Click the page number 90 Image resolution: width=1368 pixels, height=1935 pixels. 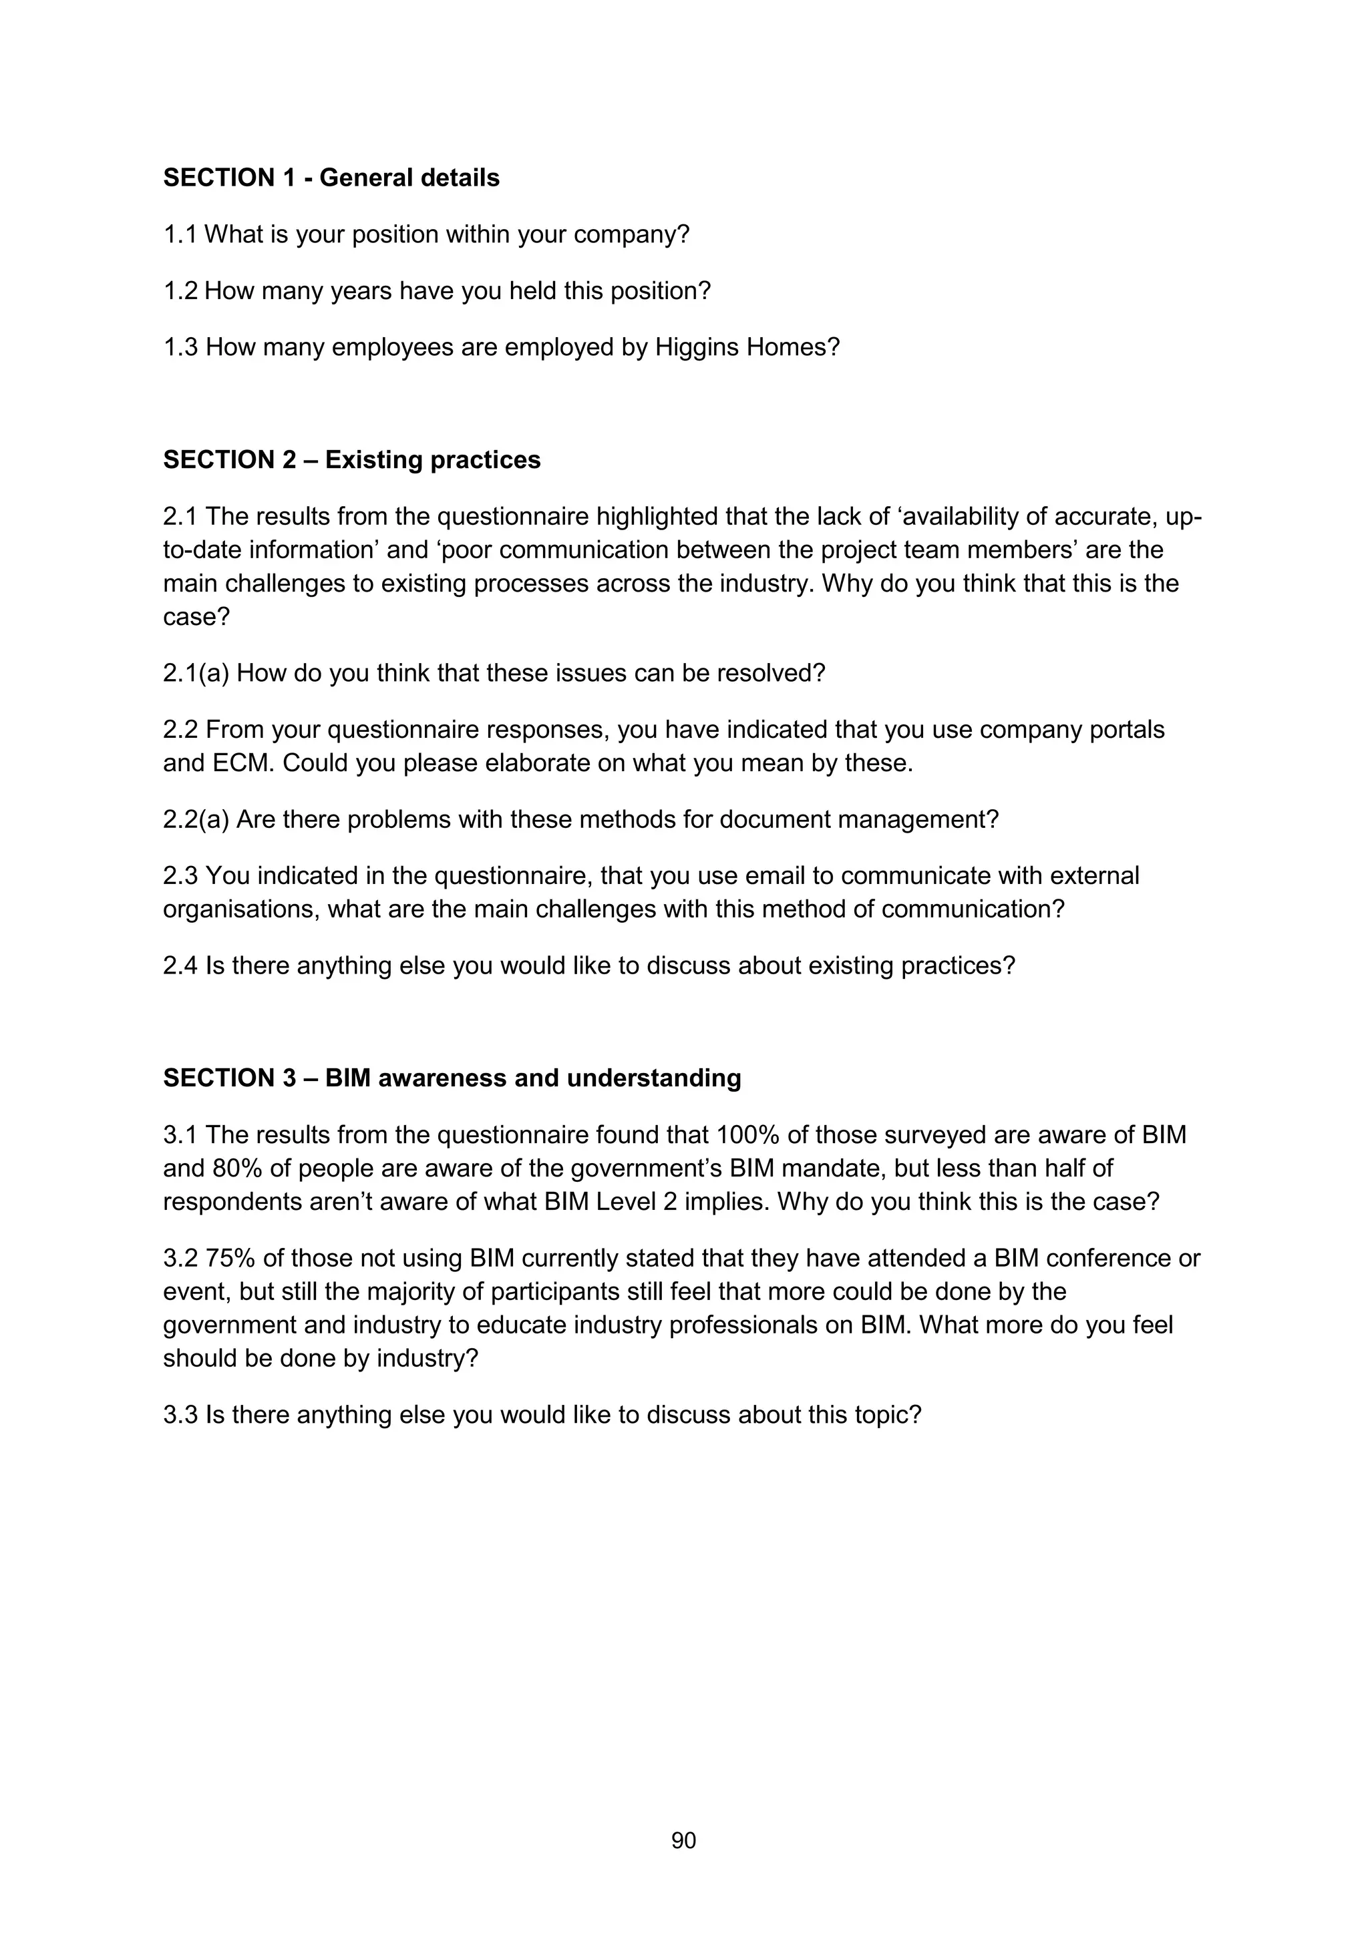tap(683, 1841)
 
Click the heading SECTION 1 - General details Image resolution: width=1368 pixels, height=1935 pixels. tap(331, 178)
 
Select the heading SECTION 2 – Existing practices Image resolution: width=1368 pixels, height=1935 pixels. tap(351, 460)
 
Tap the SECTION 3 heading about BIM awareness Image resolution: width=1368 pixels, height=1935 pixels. tap(452, 1078)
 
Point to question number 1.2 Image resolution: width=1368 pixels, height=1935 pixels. tap(180, 290)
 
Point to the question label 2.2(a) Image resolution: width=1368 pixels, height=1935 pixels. tap(196, 819)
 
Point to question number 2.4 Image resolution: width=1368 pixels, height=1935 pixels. tap(180, 965)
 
